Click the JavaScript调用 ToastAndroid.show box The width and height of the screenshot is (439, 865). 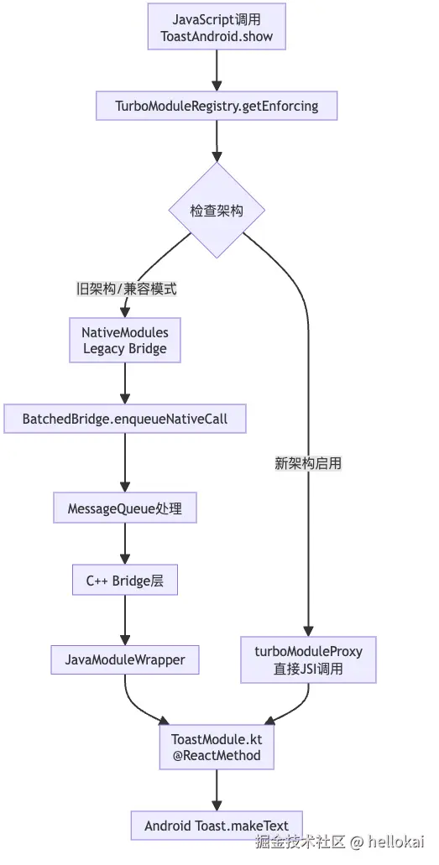point(217,27)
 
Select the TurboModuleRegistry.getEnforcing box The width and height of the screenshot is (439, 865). point(217,106)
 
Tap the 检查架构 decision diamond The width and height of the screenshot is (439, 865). point(217,211)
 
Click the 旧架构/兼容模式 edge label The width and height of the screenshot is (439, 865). point(127,289)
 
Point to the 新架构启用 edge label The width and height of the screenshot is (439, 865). point(308,463)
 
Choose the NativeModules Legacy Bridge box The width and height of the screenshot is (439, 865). point(125,341)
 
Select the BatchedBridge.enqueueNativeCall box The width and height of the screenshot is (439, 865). point(125,419)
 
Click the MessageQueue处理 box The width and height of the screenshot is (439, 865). point(125,508)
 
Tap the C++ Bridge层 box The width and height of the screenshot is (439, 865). point(125,580)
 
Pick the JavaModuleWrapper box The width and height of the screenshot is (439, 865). point(125,659)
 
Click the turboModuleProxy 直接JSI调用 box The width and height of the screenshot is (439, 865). point(308,659)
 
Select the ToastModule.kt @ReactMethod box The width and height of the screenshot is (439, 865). point(217,747)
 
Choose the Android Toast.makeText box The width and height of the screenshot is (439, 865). point(217,826)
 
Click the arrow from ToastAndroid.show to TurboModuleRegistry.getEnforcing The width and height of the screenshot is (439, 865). point(217,70)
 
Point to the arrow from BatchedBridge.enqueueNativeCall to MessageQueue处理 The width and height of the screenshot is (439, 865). point(125,463)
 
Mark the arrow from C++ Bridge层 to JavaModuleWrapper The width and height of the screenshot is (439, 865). point(125,620)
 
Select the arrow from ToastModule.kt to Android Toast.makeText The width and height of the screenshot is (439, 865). point(217,790)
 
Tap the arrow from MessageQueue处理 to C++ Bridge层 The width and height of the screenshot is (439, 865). point(125,544)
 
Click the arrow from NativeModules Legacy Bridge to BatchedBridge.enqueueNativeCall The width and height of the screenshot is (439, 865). point(125,383)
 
